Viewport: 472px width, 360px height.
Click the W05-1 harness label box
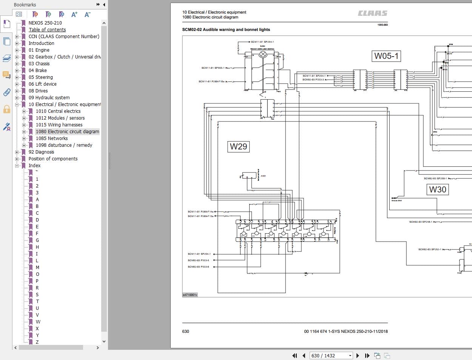click(386, 56)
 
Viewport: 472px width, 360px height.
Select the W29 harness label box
click(238, 146)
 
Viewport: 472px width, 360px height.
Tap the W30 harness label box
click(438, 189)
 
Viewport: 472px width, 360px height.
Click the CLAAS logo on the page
click(373, 13)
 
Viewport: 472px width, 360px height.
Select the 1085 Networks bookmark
click(52, 138)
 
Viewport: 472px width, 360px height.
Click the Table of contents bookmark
click(47, 30)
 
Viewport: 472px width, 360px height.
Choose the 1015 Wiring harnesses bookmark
click(59, 125)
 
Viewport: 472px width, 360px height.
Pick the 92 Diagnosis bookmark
click(41, 152)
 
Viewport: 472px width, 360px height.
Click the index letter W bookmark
click(38, 322)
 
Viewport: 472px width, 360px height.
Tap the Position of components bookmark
click(53, 159)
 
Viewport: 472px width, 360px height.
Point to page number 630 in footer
click(186, 331)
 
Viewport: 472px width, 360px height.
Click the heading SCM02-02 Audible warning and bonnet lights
click(226, 29)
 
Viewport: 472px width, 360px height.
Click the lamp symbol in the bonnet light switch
click(263, 54)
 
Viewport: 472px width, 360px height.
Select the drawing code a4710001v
click(190, 295)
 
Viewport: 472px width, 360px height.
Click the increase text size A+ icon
click(74, 14)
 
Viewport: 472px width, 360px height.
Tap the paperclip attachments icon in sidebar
click(6, 92)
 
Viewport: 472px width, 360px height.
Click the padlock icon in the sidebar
click(6, 109)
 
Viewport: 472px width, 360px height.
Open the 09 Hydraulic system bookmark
click(49, 98)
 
